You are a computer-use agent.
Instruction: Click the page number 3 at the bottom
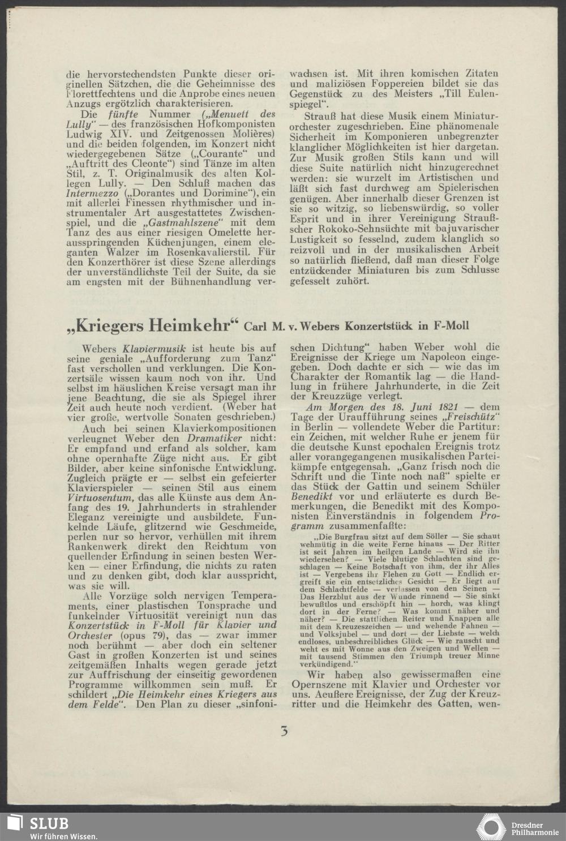click(284, 731)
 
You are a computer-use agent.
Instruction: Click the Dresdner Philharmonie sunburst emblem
click(491, 827)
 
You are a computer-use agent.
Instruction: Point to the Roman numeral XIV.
click(128, 134)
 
